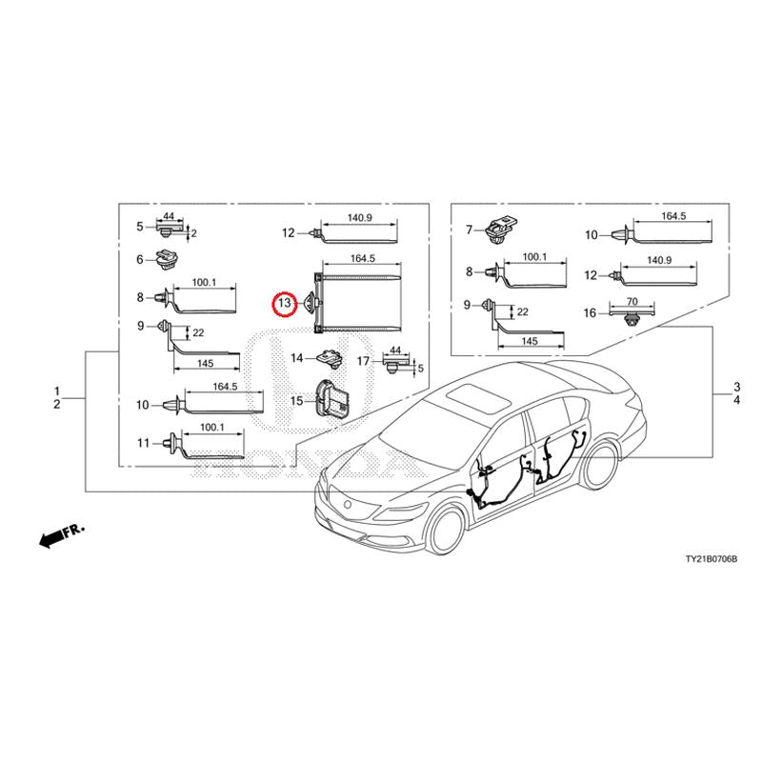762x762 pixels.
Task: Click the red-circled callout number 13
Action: coord(284,303)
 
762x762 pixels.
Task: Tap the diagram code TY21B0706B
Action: coord(711,559)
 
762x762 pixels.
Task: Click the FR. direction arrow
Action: coord(62,535)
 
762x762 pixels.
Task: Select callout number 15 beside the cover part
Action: coord(296,401)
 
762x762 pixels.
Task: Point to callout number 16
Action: coord(590,313)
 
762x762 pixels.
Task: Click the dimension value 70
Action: coord(632,301)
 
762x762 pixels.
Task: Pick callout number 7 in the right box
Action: coord(469,230)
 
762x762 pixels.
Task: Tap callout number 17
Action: coord(363,361)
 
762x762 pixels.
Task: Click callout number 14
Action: coord(296,358)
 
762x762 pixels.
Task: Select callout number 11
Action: coord(143,443)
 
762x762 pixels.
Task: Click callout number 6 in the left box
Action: coord(140,259)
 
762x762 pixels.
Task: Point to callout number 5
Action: coord(140,227)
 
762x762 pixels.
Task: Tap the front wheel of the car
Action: coord(447,530)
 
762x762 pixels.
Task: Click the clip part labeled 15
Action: coord(331,398)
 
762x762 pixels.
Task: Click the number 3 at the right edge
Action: coord(736,388)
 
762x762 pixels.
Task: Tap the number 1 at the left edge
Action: coord(57,391)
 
